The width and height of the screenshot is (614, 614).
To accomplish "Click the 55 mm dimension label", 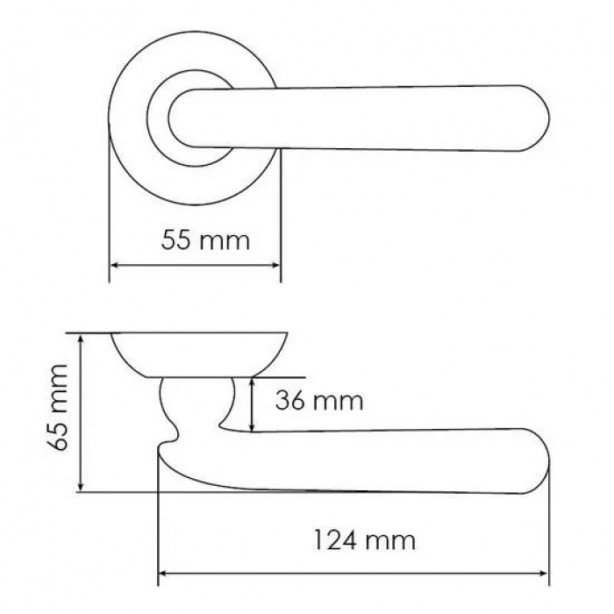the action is coord(205,240).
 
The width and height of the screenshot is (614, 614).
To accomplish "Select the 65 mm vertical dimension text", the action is coord(58,408).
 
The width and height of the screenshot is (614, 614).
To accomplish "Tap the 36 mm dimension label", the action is coord(319,401).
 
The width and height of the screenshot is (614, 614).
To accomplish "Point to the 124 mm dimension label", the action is coord(365,540).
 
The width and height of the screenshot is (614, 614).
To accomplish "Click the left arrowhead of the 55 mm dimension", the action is coord(115,265).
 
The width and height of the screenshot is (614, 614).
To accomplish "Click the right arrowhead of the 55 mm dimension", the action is coord(275,265).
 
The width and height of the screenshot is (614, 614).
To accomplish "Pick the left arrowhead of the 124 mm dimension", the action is coord(163,574).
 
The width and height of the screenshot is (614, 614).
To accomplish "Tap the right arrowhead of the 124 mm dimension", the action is coord(543,574).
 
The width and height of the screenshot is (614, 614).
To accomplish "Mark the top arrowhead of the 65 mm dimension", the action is coord(81,339).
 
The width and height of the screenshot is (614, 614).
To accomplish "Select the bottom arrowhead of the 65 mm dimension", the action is coord(81,486).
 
